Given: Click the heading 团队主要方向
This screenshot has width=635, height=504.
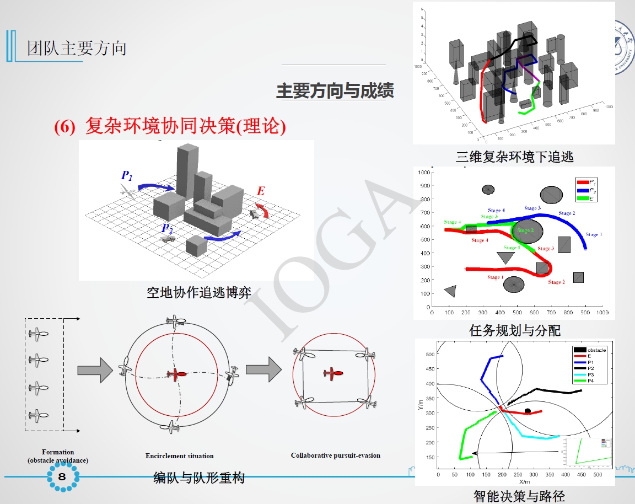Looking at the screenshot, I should click(77, 48).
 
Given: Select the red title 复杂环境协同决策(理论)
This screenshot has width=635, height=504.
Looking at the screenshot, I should click(170, 127).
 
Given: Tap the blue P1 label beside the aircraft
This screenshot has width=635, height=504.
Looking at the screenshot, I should click(127, 176).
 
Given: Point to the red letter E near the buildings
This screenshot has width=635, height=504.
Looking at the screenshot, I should click(261, 191).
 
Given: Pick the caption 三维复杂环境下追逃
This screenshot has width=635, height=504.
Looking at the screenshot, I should click(515, 157).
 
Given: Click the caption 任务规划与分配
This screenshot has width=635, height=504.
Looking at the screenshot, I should click(515, 330).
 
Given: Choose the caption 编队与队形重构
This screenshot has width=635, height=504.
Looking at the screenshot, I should click(198, 478).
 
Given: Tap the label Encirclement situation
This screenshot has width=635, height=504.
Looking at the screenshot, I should click(179, 456).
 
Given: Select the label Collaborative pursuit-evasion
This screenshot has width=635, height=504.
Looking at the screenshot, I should click(335, 455).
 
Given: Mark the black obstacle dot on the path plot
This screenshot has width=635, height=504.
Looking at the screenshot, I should click(528, 411).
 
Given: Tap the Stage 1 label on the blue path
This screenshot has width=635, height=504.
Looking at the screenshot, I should click(593, 235).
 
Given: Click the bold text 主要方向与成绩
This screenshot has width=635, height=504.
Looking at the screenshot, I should click(335, 91).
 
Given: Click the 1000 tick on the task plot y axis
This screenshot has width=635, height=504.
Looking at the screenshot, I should click(423, 173).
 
